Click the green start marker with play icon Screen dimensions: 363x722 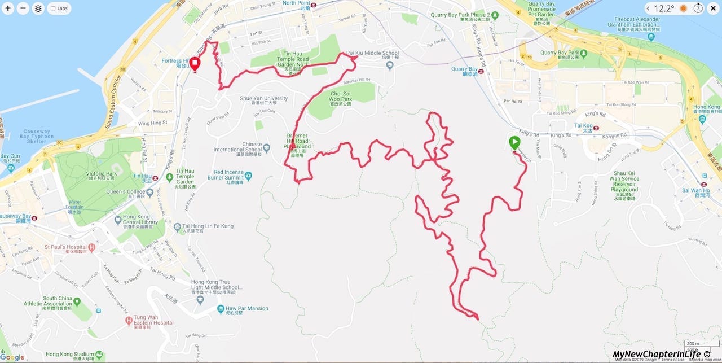[514, 143]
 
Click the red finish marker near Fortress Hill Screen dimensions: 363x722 [195, 64]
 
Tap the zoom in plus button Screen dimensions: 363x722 [8, 8]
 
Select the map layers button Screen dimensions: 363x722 [38, 8]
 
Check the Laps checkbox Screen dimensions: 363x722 [53, 9]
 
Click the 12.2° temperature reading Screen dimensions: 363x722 [664, 8]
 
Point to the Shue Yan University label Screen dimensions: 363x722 [264, 98]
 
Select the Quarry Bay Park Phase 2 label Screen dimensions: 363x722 [468, 15]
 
